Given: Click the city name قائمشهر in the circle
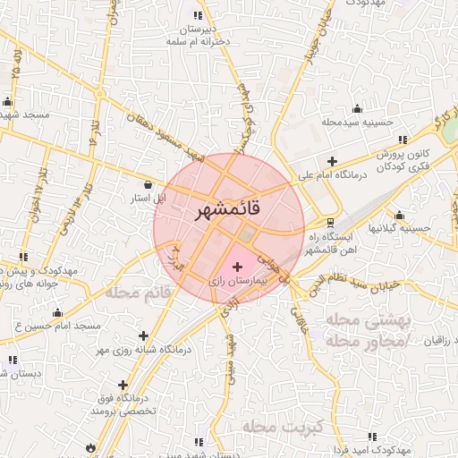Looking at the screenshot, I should tap(227, 211).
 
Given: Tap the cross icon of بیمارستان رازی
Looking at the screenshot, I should tap(237, 267).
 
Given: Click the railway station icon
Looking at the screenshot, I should tap(330, 222).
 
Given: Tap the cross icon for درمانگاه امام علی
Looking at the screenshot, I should tap(333, 162).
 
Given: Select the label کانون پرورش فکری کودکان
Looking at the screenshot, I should tap(400, 159).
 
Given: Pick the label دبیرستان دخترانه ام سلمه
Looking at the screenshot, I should tap(198, 35).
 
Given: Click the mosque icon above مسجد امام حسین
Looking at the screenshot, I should tap(58, 313).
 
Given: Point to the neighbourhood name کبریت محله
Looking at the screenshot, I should tap(275, 428).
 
